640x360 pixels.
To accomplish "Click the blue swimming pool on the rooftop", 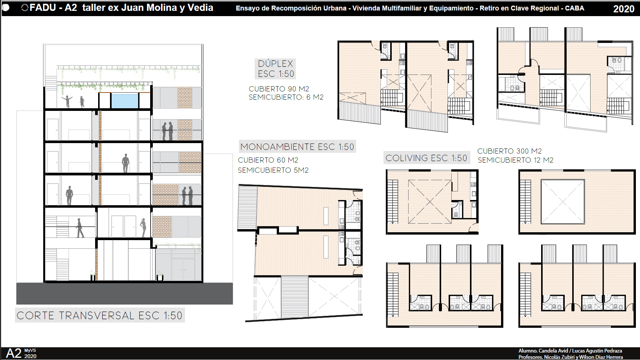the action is coord(125,101).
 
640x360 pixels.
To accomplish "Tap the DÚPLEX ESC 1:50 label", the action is coord(275,69).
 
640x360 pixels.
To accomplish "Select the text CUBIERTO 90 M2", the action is coord(279,89).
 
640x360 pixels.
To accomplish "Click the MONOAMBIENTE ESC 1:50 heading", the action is coord(297,147).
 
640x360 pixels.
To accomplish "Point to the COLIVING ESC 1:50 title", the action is coord(426,158).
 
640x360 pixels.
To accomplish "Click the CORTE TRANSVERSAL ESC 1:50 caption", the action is coord(100,315).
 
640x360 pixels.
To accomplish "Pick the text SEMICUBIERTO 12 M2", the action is coord(515,160).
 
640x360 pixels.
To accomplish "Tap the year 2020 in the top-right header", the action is coord(624,9).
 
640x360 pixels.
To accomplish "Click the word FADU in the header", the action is coord(43,8).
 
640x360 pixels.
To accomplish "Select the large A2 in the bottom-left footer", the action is coord(14,353).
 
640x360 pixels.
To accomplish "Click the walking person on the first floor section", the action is coord(79,228).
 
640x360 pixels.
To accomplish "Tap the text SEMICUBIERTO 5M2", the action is coord(273,170).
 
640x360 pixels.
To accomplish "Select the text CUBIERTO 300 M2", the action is coord(509,151).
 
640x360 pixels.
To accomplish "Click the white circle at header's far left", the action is coord(5,8).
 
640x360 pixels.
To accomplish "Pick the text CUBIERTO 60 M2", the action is coord(268,160).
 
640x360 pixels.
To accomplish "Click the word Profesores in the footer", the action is coord(530,357).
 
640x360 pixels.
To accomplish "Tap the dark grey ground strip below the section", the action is coord(125,293).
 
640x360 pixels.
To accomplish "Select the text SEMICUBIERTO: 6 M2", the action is coord(286,97).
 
